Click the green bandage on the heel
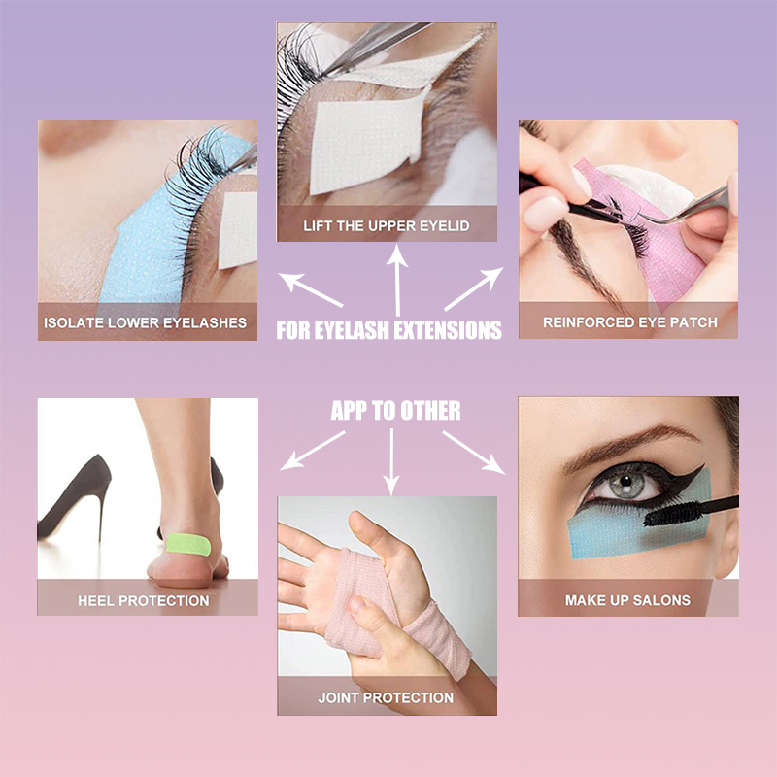[x=188, y=544]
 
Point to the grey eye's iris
[x=626, y=482]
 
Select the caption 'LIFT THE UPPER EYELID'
[x=387, y=226]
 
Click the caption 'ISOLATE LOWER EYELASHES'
[x=145, y=322]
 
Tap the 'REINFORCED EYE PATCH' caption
[x=629, y=322]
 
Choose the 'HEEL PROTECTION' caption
[x=143, y=600]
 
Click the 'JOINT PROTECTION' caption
[x=386, y=697]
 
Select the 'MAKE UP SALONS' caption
[x=627, y=600]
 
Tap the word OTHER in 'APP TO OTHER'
[x=430, y=411]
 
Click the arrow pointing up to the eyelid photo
[x=397, y=280]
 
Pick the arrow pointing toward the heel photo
[x=313, y=451]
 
